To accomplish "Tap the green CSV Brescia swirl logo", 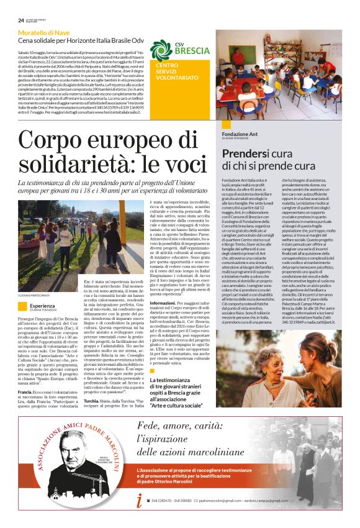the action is (160, 50).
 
